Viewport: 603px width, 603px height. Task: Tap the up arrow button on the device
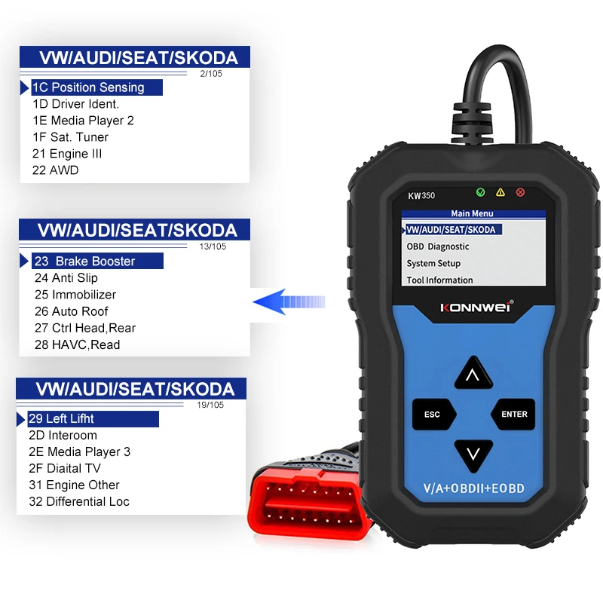click(473, 374)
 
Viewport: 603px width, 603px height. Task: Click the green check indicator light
click(481, 192)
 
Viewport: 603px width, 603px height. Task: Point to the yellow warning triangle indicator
click(500, 192)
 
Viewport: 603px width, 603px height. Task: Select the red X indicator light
click(519, 192)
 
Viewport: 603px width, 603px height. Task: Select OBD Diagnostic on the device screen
click(438, 246)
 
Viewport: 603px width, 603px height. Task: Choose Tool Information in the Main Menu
click(439, 280)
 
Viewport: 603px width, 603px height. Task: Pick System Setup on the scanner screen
click(433, 264)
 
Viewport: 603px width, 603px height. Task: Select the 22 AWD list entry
click(55, 170)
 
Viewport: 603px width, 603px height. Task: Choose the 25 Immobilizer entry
click(75, 295)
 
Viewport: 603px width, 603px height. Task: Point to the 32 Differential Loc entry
click(79, 501)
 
